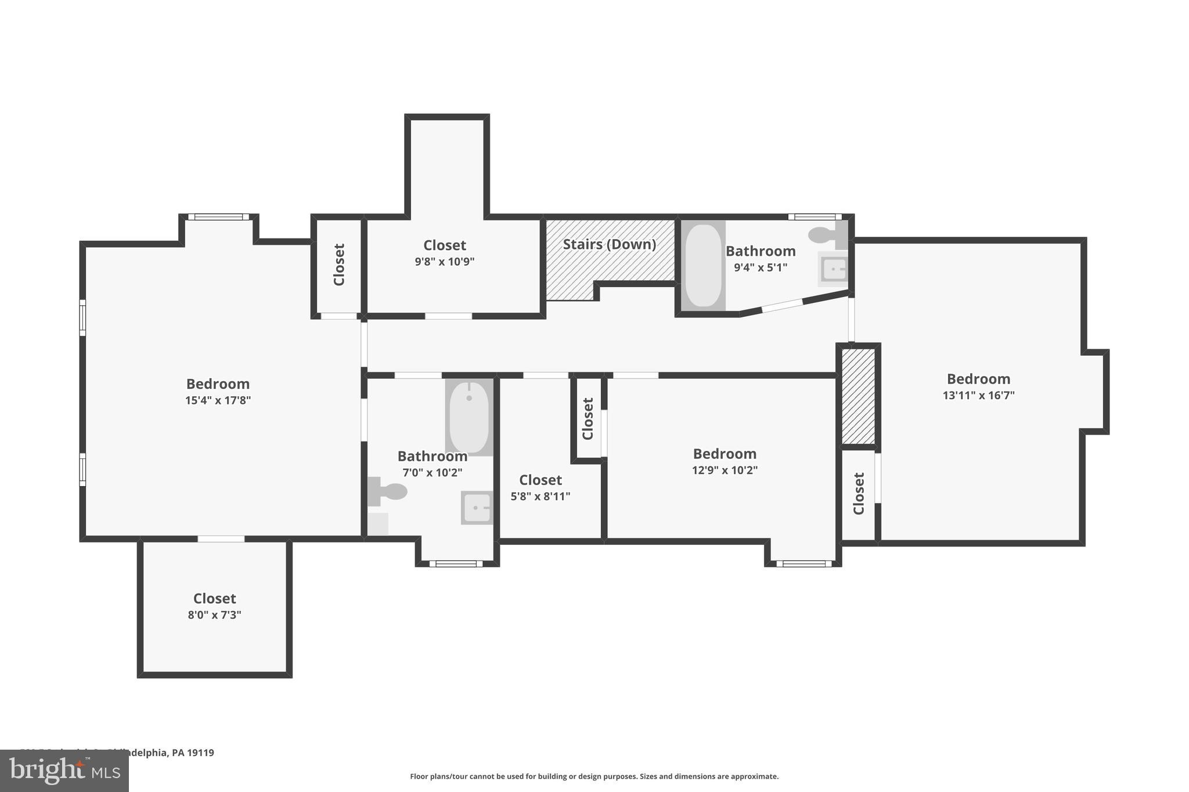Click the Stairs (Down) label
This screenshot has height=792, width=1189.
[x=609, y=244]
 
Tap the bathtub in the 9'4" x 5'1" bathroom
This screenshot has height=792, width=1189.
[x=703, y=265]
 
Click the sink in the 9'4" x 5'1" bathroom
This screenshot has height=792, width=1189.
[x=834, y=269]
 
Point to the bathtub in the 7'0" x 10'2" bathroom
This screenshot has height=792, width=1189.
[x=469, y=417]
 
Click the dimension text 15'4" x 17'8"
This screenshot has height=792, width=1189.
[x=218, y=400]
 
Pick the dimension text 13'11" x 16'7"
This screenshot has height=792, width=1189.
[x=978, y=396]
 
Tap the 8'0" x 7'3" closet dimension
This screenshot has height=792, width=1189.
[x=214, y=615]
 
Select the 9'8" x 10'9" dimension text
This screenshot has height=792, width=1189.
[x=444, y=262]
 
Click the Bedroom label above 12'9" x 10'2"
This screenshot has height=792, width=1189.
[x=725, y=454]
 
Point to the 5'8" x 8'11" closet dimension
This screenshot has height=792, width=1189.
[x=540, y=497]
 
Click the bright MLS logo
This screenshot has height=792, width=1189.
[x=64, y=771]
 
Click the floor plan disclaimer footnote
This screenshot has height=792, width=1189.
[x=594, y=776]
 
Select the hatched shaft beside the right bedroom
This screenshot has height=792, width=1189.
[x=858, y=396]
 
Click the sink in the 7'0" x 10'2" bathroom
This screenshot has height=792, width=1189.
[x=477, y=508]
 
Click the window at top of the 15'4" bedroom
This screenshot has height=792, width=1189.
[x=218, y=217]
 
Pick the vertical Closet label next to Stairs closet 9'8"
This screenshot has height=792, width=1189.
[x=339, y=265]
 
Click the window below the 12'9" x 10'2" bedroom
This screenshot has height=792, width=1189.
[x=804, y=563]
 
